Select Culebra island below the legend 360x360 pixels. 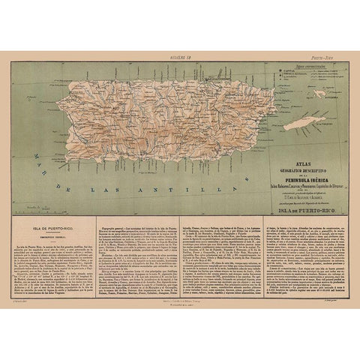pos(321,94)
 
